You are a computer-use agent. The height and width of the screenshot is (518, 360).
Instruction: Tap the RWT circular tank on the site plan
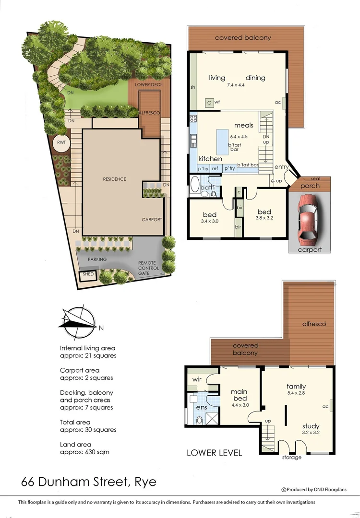tap(61, 143)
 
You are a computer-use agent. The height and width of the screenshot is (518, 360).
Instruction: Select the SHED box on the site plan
tap(88, 274)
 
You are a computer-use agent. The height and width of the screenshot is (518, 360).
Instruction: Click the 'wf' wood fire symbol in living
tap(210, 102)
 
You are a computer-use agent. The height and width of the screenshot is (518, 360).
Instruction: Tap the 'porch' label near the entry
tap(310, 186)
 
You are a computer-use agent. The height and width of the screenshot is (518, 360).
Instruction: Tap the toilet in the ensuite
tap(199, 421)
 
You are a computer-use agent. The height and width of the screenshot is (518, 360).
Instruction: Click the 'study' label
tap(311, 426)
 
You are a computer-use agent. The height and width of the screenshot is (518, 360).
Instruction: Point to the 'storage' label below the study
tap(291, 457)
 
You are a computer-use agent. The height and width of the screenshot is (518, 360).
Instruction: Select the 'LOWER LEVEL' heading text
tap(214, 452)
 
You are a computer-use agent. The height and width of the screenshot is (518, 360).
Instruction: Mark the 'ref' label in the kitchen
tap(215, 168)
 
